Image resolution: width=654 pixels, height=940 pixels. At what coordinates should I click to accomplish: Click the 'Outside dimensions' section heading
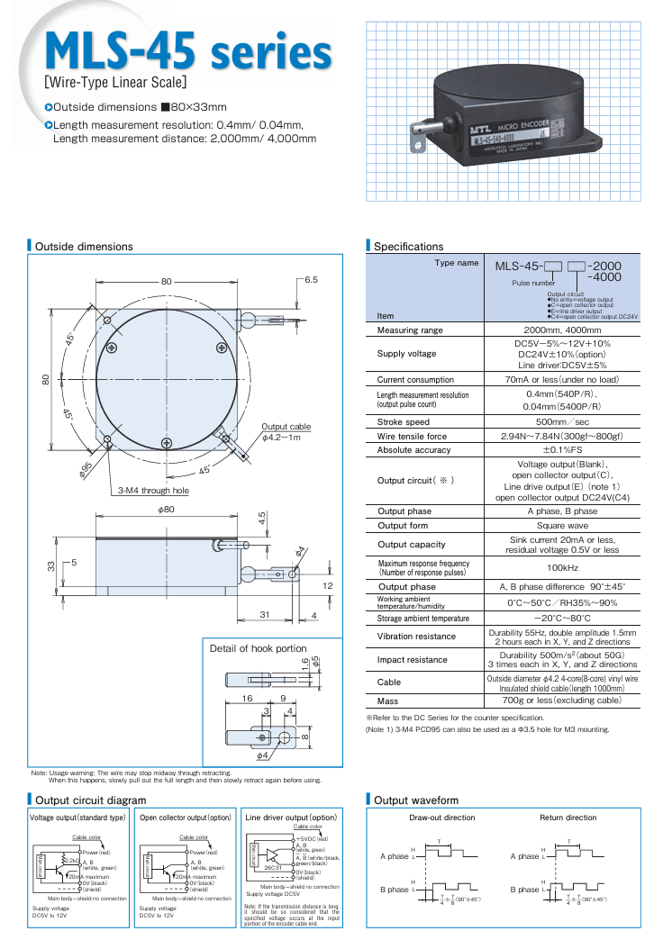pos(84,246)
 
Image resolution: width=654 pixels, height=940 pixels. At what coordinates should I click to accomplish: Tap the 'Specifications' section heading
pos(408,246)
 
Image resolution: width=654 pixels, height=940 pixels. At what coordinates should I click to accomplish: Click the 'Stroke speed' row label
pos(403,421)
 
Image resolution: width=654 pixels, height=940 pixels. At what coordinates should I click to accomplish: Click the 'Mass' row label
pos(388,700)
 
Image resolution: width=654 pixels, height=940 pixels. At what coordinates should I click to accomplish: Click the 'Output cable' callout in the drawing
pos(286,427)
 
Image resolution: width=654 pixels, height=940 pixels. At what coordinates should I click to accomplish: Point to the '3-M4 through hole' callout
pos(154,491)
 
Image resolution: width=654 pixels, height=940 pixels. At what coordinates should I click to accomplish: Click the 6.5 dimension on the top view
pos(312,280)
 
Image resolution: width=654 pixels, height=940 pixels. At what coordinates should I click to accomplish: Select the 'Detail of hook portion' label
pos(258,648)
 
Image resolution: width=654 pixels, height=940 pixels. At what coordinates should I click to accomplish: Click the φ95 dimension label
pos(87,470)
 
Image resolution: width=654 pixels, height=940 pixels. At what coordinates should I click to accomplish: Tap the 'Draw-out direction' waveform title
pos(441,818)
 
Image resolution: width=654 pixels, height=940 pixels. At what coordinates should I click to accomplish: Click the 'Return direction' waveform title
pos(568,818)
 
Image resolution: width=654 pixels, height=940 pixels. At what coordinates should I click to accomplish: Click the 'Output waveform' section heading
pos(415,800)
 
